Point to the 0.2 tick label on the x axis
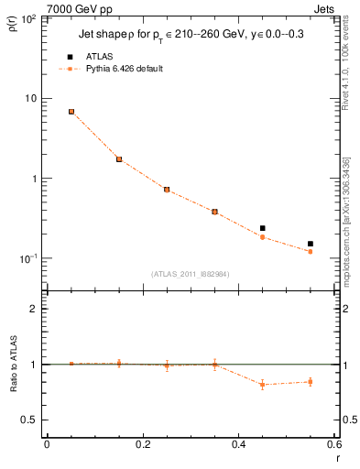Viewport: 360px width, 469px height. click(142, 444)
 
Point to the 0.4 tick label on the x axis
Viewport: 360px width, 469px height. click(238, 444)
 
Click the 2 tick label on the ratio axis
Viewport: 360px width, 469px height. click(33, 309)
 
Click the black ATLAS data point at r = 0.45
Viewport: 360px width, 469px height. click(263, 228)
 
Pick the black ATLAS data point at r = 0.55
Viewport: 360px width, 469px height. click(311, 244)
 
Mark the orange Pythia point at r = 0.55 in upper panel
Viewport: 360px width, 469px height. click(311, 252)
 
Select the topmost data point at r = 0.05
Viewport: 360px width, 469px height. click(71, 112)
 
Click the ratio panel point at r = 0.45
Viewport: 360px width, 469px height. click(263, 385)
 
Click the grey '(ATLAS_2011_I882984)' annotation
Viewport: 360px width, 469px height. click(189, 273)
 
